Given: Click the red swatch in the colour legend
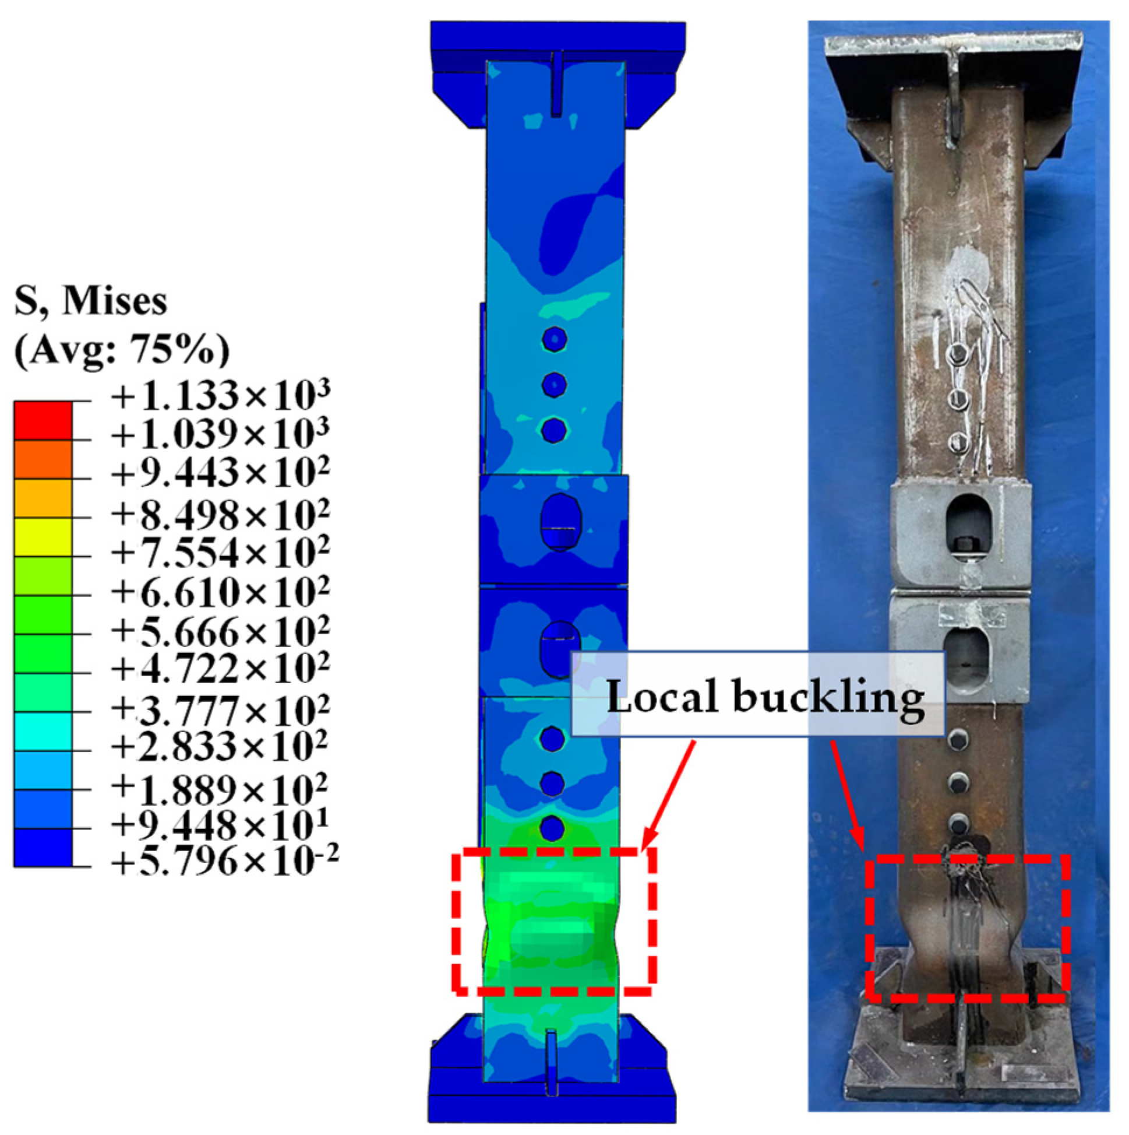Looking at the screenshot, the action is [43, 420].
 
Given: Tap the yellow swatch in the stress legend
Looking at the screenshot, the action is [43, 537].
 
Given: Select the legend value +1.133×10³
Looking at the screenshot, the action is [221, 395].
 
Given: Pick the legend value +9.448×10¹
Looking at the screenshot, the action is [220, 825].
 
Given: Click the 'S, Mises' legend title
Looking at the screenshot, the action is [91, 303].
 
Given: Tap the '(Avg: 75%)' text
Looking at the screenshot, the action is [122, 352].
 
